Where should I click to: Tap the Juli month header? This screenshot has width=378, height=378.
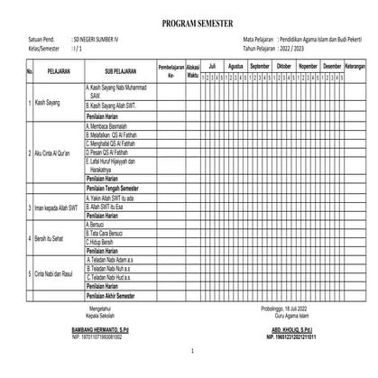[210, 66]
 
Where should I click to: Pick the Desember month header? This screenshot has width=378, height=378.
[331, 66]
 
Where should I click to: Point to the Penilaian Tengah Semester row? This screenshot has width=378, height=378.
[120, 188]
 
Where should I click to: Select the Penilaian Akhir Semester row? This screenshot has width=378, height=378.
[118, 296]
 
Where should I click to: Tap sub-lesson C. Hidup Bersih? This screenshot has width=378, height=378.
[105, 244]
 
